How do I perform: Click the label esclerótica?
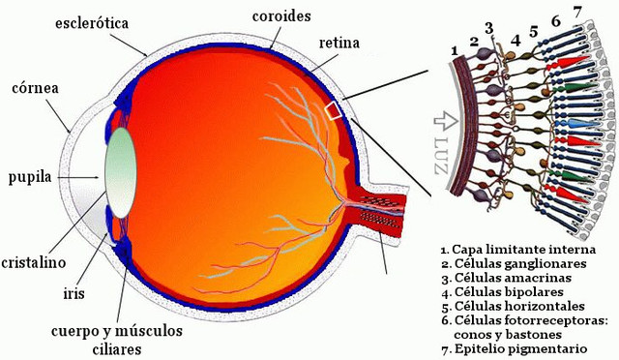(x=93, y=20)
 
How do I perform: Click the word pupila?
(x=29, y=177)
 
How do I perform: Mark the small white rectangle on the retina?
(x=308, y=111)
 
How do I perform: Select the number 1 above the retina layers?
(x=454, y=50)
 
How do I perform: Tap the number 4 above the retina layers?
(x=516, y=41)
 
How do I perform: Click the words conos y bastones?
(x=514, y=333)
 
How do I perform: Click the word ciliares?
(x=114, y=346)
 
